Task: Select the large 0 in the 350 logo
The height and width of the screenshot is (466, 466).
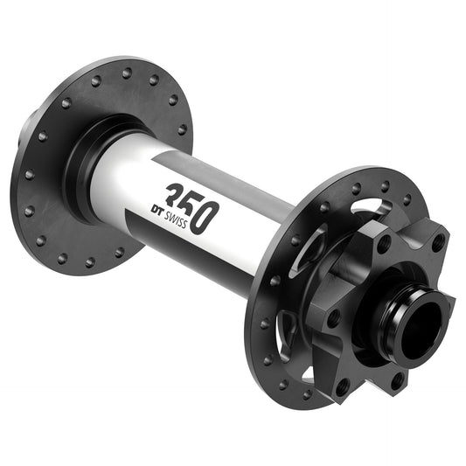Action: pyautogui.click(x=200, y=212)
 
